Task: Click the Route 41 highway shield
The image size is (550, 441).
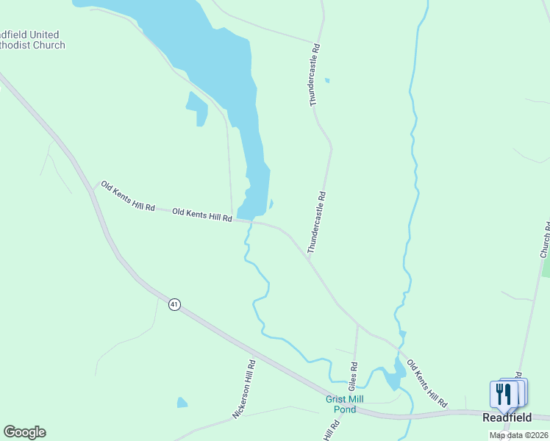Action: point(174,304)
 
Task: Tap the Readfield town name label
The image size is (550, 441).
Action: point(507,417)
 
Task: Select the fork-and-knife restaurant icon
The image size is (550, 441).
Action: point(504,394)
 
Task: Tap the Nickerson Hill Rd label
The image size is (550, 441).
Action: point(244,390)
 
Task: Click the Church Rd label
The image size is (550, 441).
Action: point(545,240)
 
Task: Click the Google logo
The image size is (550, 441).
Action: point(24,432)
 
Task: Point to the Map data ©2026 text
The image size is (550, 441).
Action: point(518,435)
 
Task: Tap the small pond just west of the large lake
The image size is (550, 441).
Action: point(198,108)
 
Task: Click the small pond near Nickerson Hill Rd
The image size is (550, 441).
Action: point(182,403)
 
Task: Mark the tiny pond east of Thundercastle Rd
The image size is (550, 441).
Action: point(327,81)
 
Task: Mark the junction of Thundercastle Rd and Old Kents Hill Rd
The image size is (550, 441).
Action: point(307,257)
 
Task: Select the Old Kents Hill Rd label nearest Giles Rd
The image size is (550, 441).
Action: point(426,384)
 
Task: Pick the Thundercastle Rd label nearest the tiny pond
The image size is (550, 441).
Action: point(315,76)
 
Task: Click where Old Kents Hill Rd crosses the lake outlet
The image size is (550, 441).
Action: point(250,220)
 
